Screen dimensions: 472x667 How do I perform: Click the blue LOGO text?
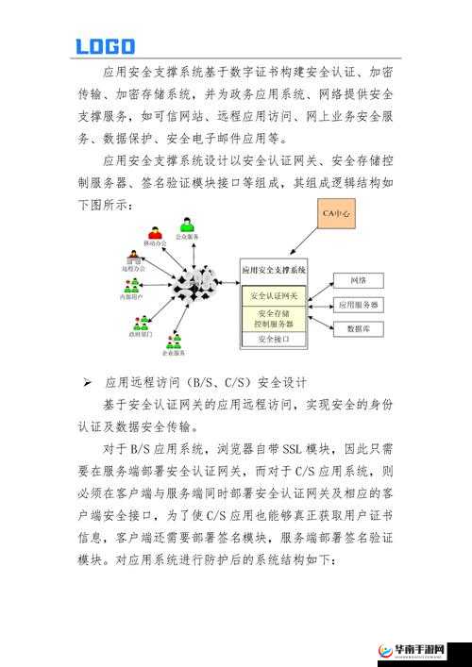tap(105, 45)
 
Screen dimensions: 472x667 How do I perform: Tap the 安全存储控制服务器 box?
tap(274, 317)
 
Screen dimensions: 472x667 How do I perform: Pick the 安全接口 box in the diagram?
tap(274, 338)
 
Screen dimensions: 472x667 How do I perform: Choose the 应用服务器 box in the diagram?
tap(359, 305)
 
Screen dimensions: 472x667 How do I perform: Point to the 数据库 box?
tap(359, 328)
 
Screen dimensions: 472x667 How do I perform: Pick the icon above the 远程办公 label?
tap(131, 258)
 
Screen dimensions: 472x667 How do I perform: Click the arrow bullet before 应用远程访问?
tap(86, 383)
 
